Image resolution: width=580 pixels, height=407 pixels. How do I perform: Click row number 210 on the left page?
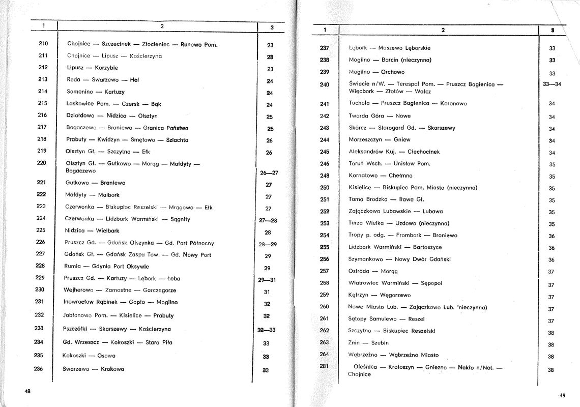(x=43, y=44)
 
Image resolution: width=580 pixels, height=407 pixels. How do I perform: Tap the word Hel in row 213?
(x=134, y=80)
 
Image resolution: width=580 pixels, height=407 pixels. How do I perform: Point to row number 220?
(x=42, y=163)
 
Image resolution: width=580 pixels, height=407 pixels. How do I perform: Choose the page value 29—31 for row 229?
(x=267, y=280)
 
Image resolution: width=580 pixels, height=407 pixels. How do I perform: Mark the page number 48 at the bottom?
(x=28, y=391)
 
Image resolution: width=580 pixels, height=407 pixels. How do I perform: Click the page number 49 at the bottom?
(x=562, y=395)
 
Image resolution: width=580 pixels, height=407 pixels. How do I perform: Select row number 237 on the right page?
(x=325, y=48)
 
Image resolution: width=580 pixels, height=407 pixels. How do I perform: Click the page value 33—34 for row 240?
(x=552, y=84)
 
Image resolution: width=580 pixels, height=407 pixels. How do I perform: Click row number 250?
(x=325, y=187)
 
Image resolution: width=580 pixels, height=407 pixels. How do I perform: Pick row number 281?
(x=325, y=366)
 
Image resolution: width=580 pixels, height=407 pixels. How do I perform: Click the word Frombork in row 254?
(x=410, y=236)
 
